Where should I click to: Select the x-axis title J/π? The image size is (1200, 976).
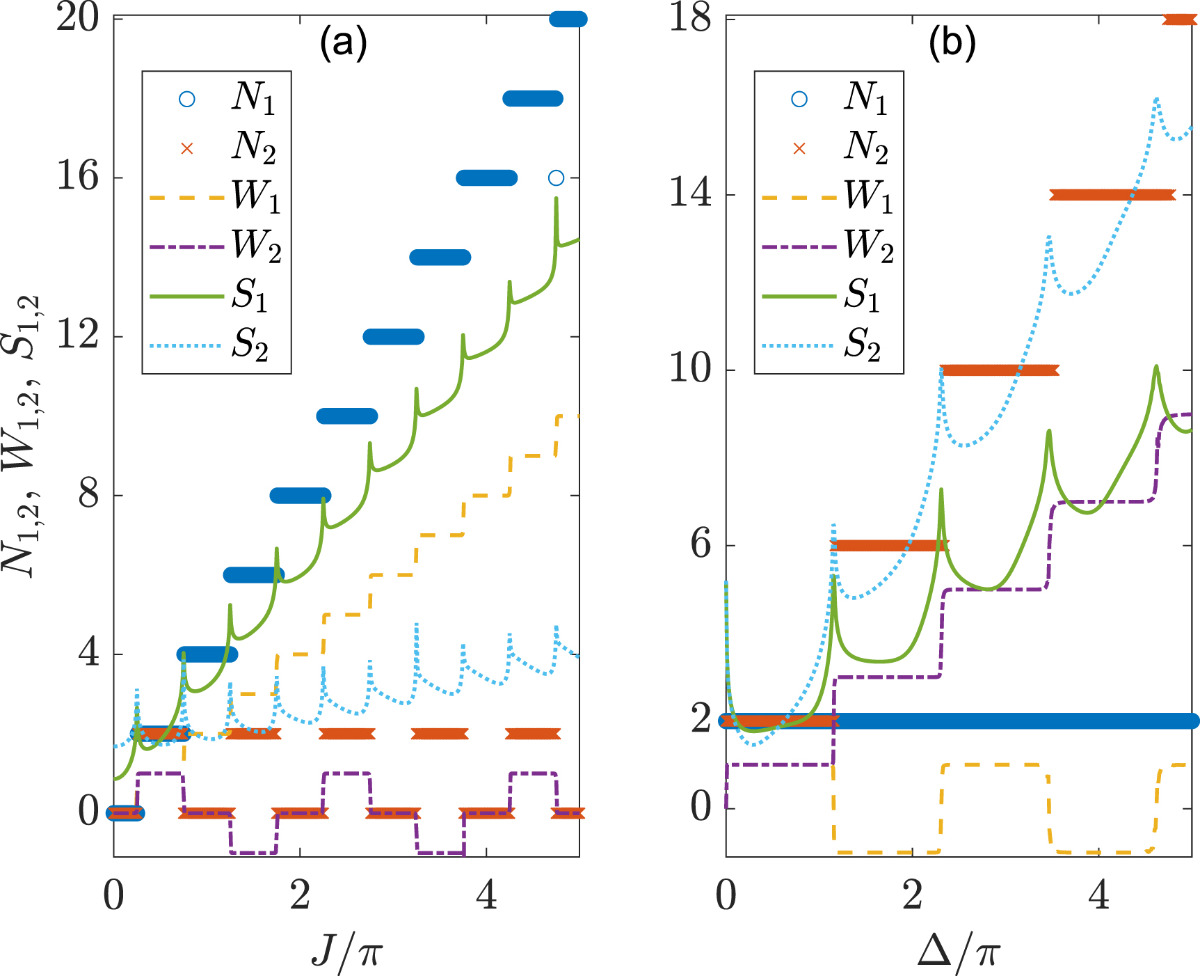tap(346, 950)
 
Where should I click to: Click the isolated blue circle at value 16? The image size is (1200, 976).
tap(556, 178)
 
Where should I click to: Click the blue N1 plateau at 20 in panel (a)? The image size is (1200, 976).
tap(568, 19)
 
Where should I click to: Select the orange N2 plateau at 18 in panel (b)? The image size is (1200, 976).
tap(1180, 19)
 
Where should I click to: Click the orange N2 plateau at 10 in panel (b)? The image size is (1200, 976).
tap(1000, 370)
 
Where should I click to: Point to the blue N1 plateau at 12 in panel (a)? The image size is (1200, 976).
tap(394, 337)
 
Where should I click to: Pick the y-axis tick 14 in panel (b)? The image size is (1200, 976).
tap(690, 194)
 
